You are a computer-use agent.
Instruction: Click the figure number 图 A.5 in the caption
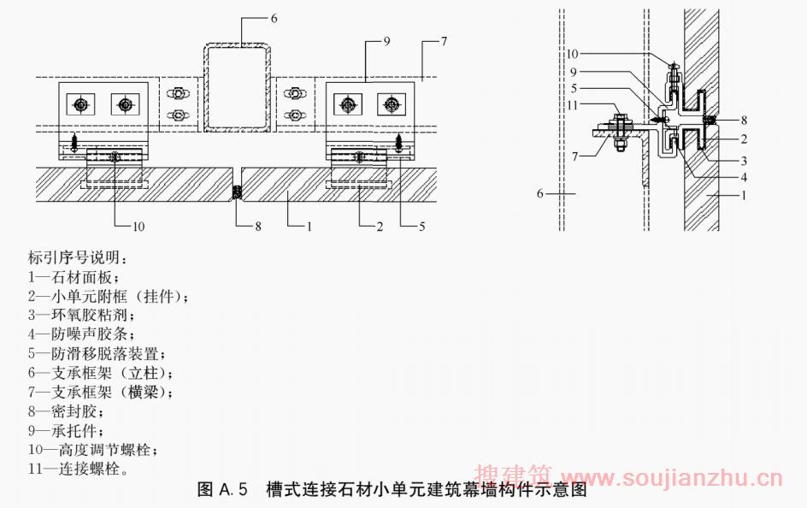point(222,490)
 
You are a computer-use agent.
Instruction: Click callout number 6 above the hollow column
point(274,17)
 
